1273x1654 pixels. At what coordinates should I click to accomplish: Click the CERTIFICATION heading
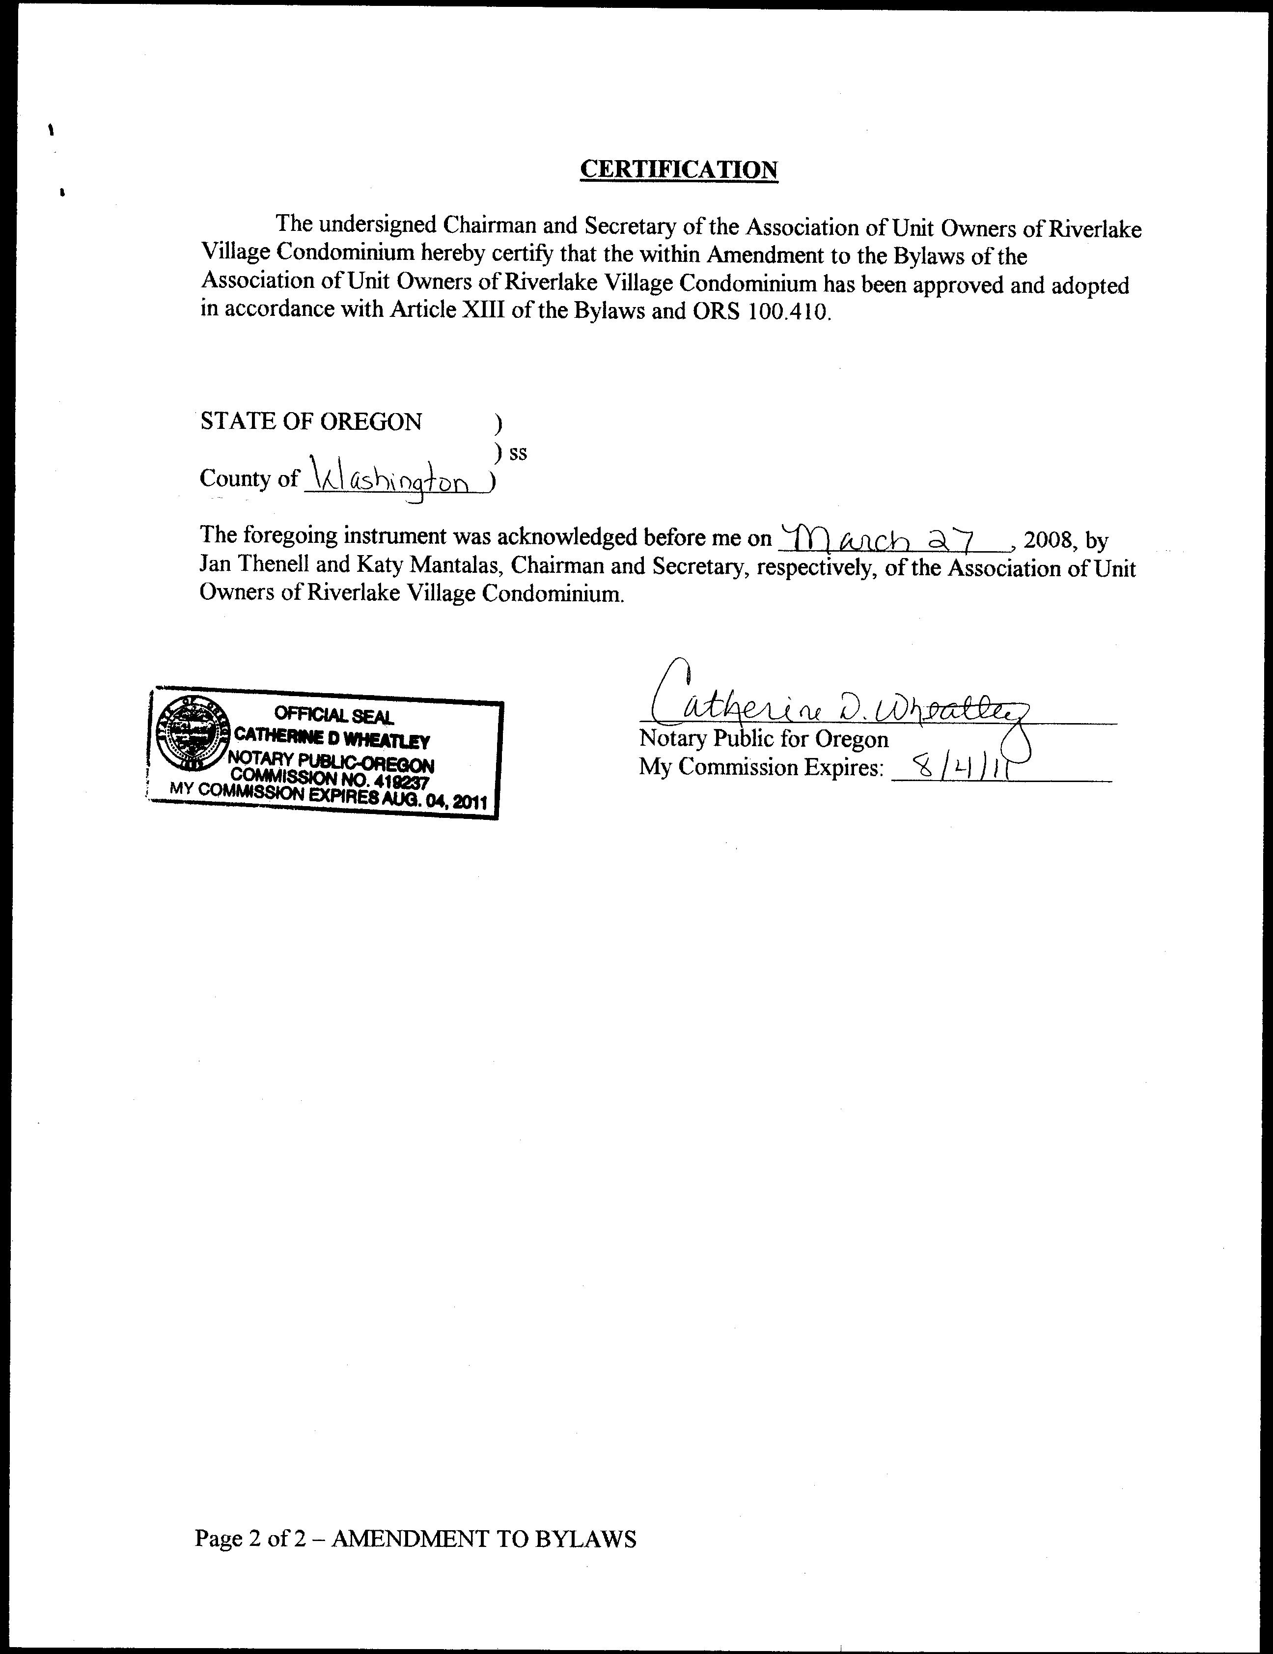(679, 169)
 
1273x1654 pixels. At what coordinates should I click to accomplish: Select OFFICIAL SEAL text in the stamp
(333, 714)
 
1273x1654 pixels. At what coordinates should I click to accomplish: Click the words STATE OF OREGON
(310, 422)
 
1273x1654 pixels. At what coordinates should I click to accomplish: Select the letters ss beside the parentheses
(518, 453)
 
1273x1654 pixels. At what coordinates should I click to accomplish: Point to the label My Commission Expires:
(761, 767)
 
